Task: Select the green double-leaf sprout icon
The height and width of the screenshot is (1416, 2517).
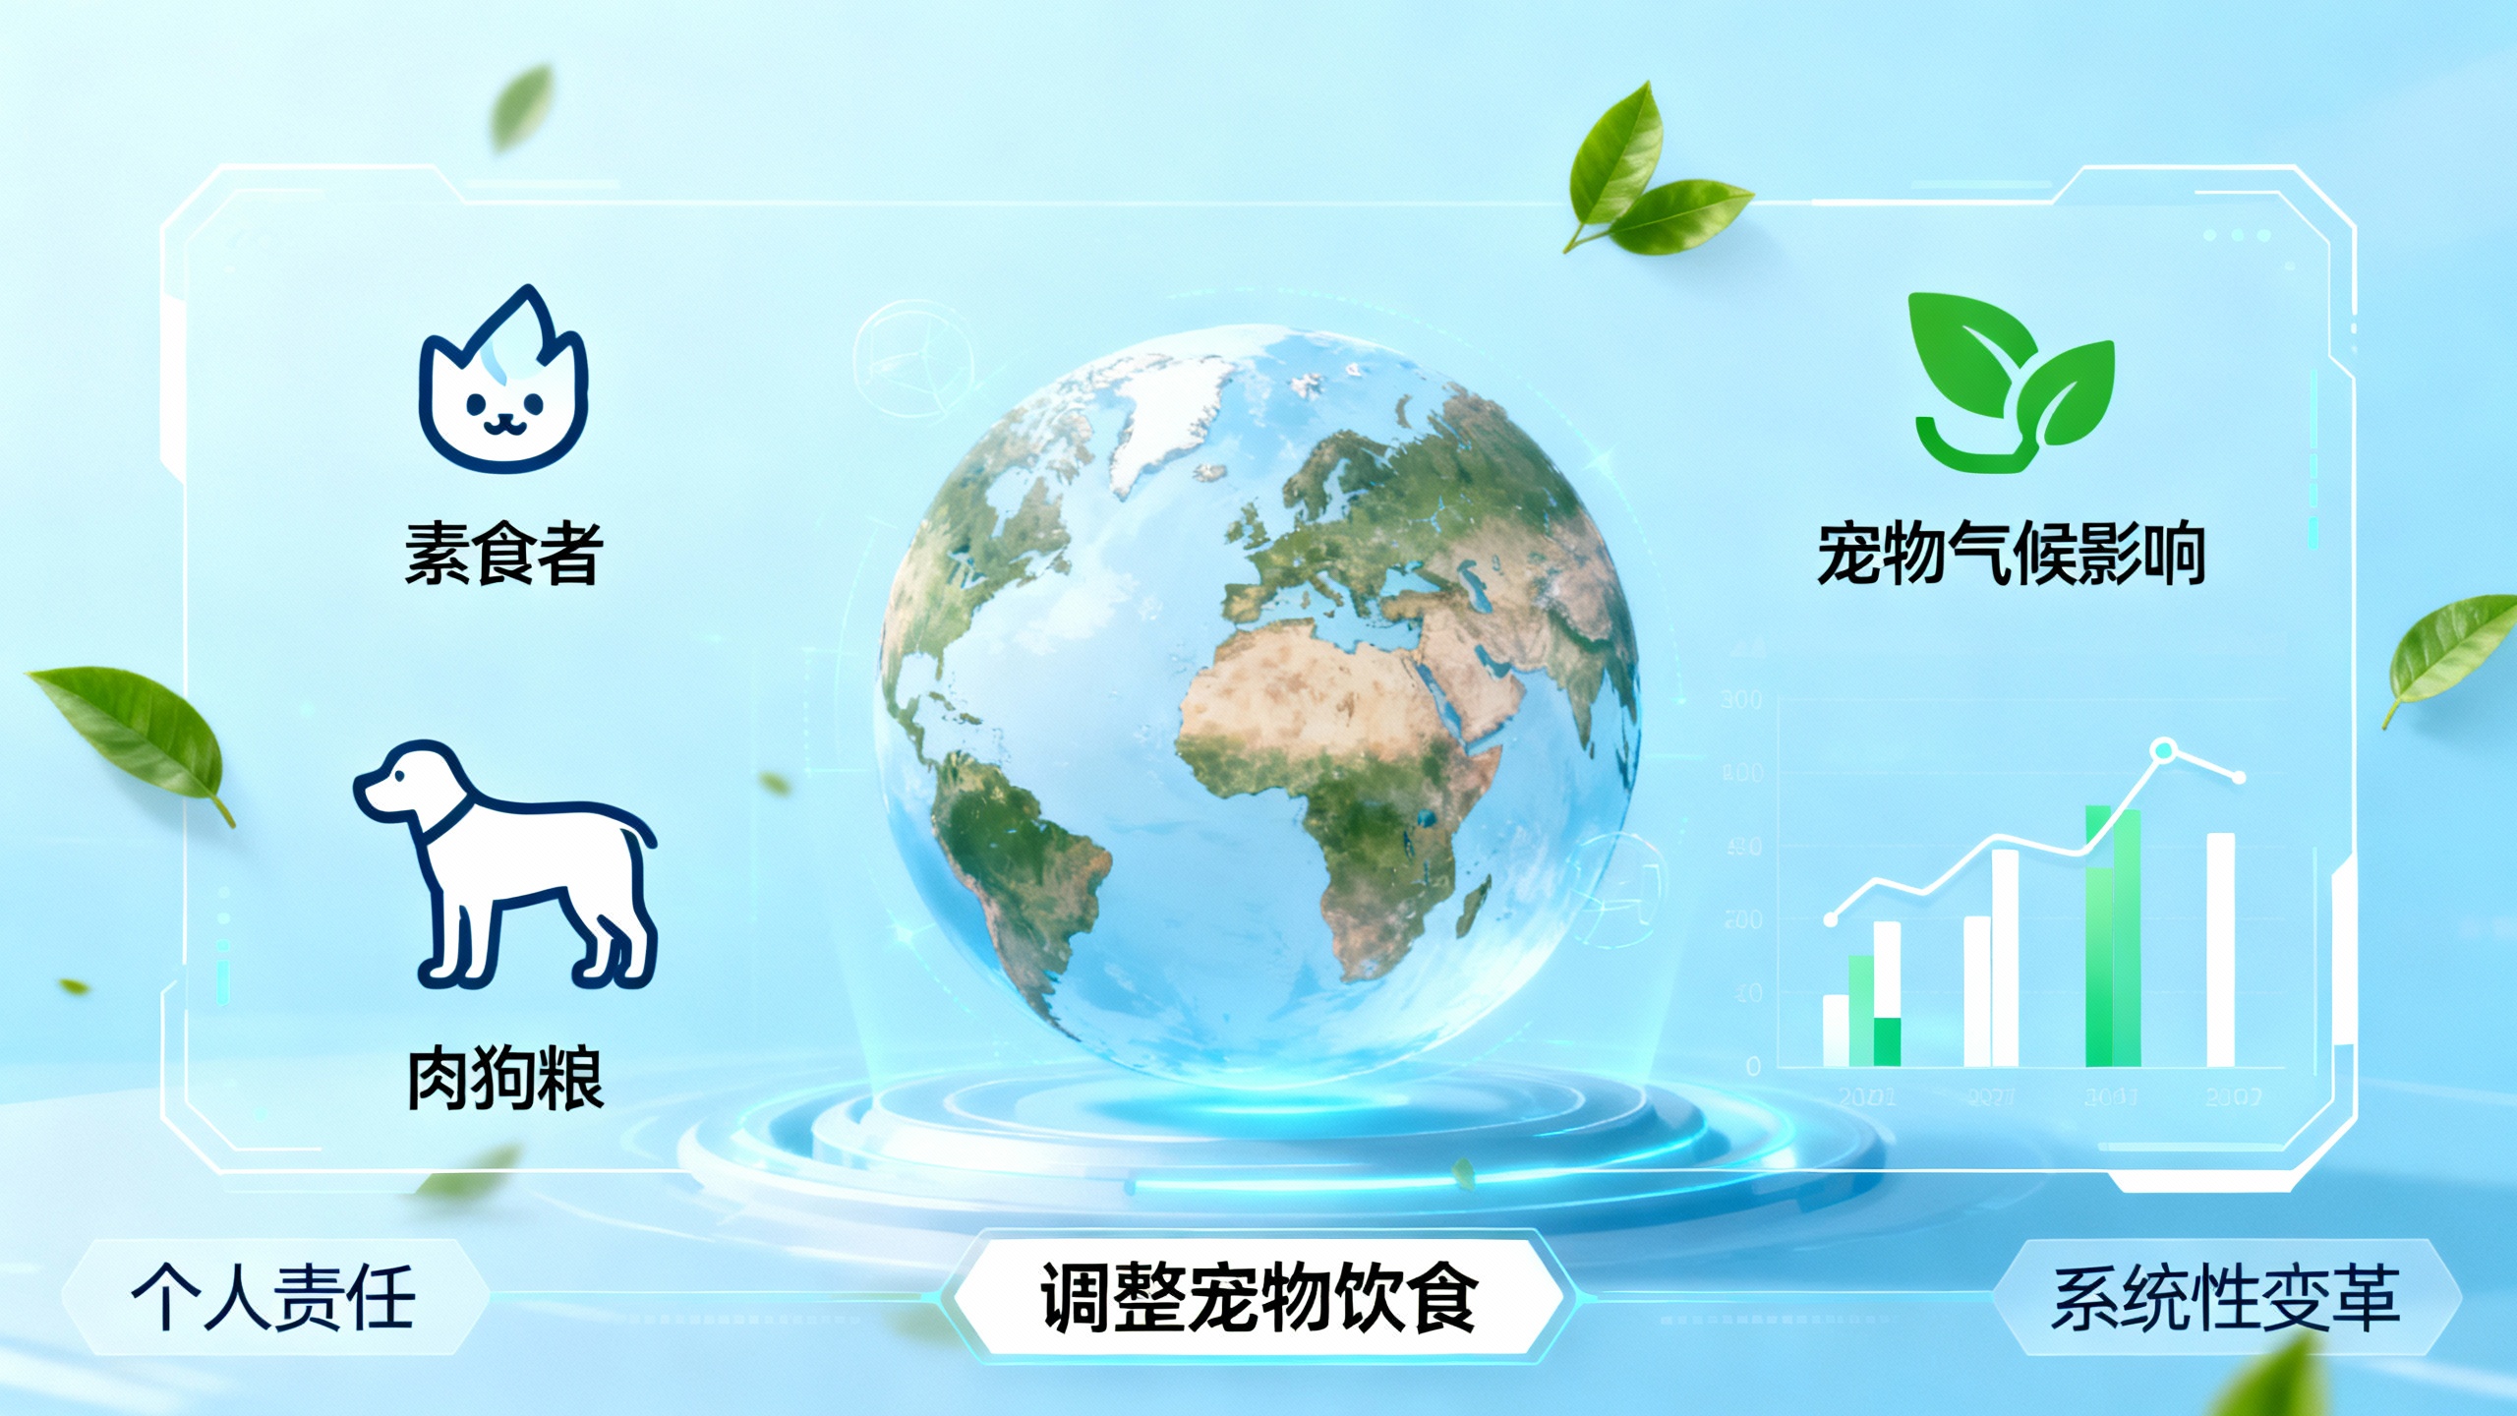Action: click(2012, 383)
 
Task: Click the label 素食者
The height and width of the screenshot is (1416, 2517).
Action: click(503, 553)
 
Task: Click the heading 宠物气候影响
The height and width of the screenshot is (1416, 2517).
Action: click(2011, 555)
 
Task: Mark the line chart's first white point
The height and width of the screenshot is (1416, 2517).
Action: click(1831, 920)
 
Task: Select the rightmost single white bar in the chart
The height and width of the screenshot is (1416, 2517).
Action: click(2221, 949)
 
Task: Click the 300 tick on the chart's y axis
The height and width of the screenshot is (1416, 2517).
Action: click(1740, 699)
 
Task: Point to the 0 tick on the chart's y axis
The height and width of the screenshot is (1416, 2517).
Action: click(1753, 1066)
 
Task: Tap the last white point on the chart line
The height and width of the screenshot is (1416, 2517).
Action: click(2239, 778)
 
